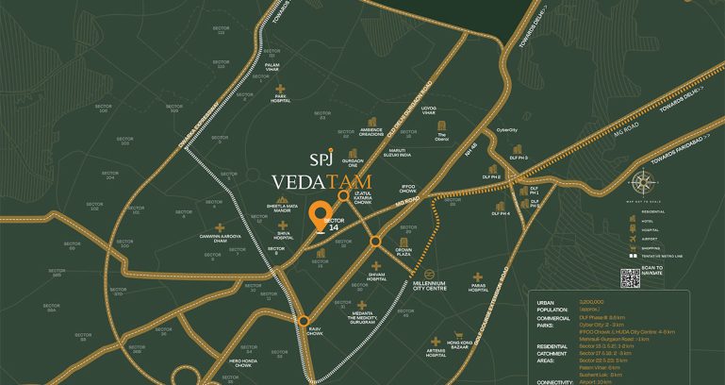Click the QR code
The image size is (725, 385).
click(x=631, y=278)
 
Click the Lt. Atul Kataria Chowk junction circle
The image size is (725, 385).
click(x=343, y=196)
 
